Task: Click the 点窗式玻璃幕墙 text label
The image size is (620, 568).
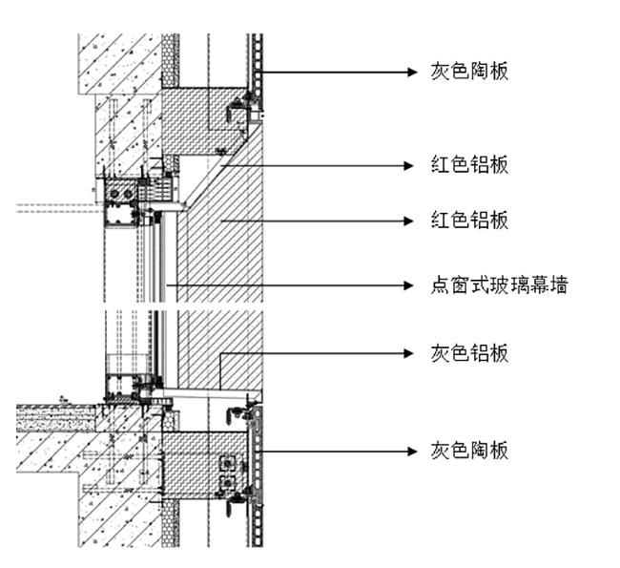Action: pos(499,284)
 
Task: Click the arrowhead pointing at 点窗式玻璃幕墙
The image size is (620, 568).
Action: pos(413,284)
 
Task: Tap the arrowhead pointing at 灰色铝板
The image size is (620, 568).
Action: pos(413,353)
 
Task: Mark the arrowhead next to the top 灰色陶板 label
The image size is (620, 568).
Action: pos(413,72)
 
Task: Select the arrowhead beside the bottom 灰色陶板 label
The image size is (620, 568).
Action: pos(413,450)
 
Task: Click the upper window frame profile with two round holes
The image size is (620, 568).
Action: pos(121,192)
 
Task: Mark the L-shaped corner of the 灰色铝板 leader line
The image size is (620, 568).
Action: pos(221,354)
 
